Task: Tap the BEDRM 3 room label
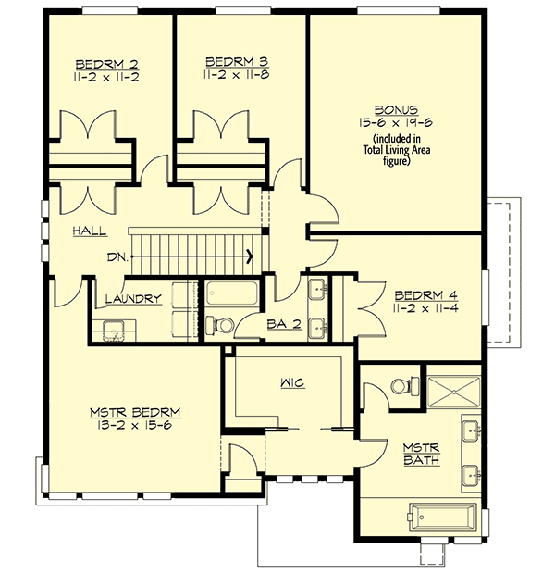pyautogui.click(x=232, y=63)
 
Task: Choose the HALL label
pyautogui.click(x=89, y=231)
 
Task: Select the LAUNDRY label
pyautogui.click(x=134, y=298)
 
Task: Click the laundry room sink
pyautogui.click(x=115, y=329)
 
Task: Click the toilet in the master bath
pyautogui.click(x=400, y=385)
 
